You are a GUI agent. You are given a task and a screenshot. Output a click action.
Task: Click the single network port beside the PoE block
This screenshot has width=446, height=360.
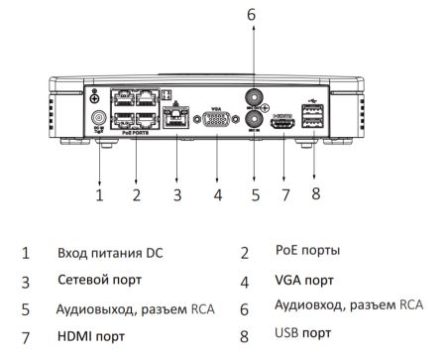coord(176,121)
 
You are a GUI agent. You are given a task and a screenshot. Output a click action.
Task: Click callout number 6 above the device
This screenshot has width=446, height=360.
coord(252,15)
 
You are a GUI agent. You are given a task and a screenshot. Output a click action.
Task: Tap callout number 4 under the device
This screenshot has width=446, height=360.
coord(216,195)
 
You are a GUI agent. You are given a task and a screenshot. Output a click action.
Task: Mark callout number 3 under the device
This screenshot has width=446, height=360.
coord(176,195)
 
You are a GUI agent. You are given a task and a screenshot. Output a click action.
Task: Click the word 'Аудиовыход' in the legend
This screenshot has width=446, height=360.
coord(89,307)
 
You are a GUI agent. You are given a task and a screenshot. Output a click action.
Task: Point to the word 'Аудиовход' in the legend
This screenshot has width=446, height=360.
coord(305,305)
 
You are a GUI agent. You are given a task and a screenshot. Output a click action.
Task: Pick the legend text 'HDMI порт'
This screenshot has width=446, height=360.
coord(92,335)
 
